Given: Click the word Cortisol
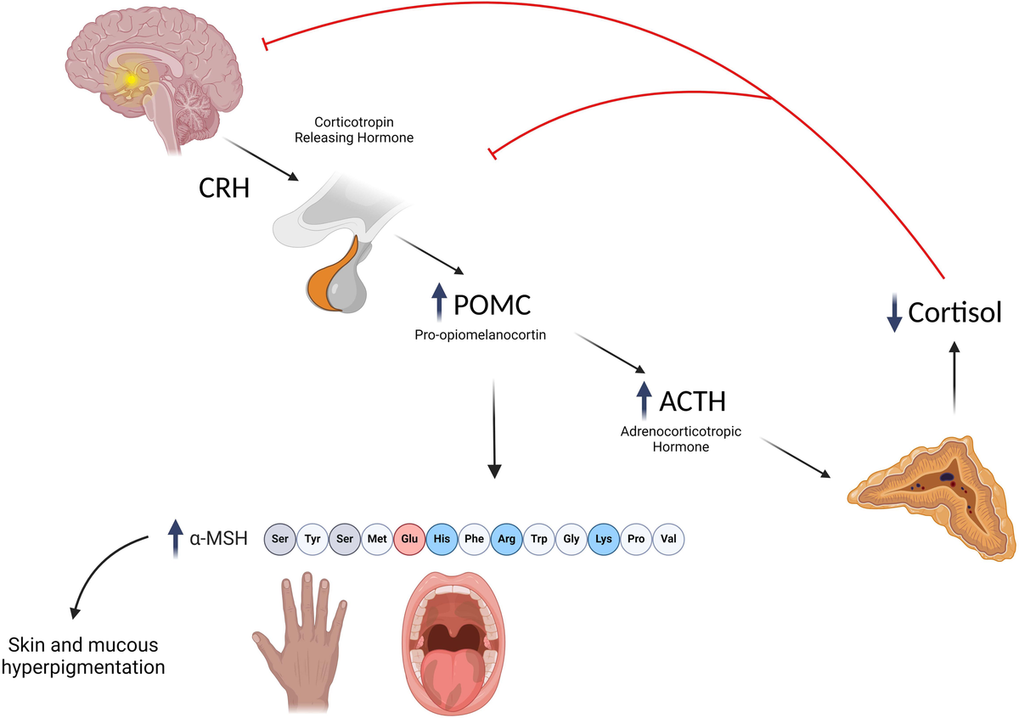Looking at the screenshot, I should (955, 312).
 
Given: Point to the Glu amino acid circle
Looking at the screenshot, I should (408, 538).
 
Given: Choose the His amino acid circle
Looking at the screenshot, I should (441, 538).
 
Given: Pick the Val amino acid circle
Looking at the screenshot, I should (667, 538).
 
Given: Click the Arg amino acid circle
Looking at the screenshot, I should (506, 538).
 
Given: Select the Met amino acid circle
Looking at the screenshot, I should (376, 538).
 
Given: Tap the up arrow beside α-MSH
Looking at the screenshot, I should (176, 538).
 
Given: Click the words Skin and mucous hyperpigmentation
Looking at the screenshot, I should (84, 656).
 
